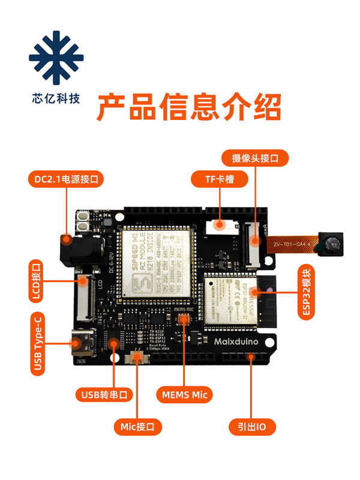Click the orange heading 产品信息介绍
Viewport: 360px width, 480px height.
(x=188, y=108)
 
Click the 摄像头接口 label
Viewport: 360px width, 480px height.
(x=256, y=158)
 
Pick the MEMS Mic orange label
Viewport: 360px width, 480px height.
(x=187, y=394)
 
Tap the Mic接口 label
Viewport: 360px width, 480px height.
(x=138, y=427)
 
